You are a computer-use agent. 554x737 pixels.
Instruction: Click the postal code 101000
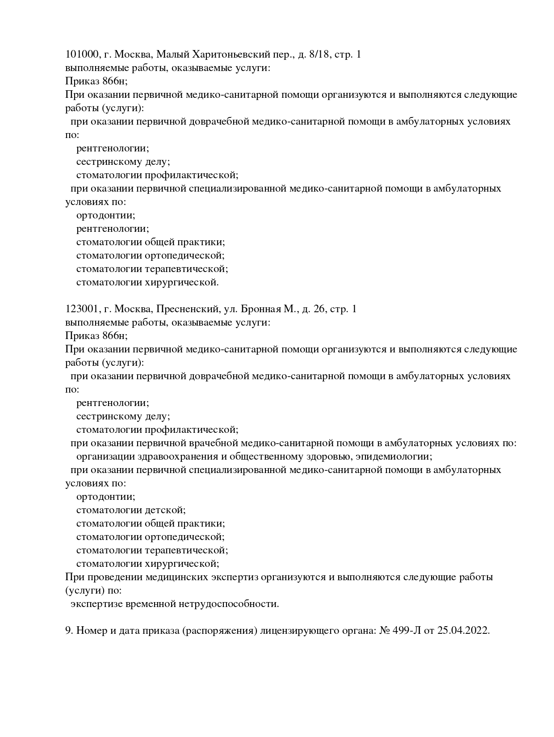tap(81, 54)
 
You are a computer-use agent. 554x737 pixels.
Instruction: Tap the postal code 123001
tap(81, 309)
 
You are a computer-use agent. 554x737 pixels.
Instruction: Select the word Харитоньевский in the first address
tap(230, 54)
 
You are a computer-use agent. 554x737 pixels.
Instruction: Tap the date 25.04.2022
tap(464, 631)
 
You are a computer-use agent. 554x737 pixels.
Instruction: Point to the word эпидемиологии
tap(397, 456)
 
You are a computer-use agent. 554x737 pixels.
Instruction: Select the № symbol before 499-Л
tap(385, 631)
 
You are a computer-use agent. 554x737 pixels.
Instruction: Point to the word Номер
tap(91, 631)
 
